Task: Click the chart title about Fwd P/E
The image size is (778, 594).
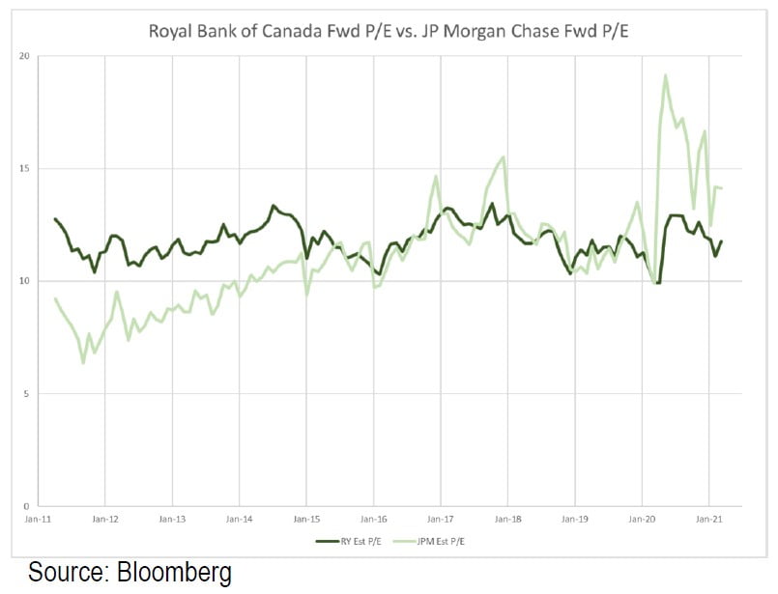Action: coord(389,30)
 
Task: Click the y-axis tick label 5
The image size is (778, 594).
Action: coord(26,394)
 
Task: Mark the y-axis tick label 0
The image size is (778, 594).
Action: coord(26,506)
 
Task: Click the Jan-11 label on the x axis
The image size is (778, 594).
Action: coord(39,519)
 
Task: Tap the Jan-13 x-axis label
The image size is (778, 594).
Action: coord(172,519)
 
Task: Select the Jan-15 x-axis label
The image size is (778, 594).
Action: coord(306,519)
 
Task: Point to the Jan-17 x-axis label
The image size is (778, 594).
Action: coord(441,519)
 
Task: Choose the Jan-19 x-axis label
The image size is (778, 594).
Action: coord(575,519)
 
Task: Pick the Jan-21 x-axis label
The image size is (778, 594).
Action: coord(709,519)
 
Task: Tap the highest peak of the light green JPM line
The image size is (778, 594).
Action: coord(666,75)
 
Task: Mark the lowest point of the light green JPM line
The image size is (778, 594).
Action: coord(83,363)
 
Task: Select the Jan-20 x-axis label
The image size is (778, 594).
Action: coord(643,519)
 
